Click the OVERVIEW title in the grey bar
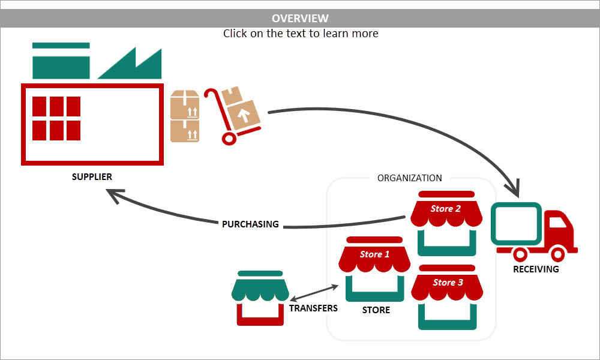300,19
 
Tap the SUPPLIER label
92,177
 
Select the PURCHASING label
250,224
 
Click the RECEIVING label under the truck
536,269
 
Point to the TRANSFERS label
313,308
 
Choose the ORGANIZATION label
409,178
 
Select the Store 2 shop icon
446,223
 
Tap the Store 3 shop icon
447,297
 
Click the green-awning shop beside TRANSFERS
260,298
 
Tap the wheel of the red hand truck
229,138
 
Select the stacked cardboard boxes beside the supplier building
184,116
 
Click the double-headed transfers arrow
314,293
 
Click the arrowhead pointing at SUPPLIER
114,194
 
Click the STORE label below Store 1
376,310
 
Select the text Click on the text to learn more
301,34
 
